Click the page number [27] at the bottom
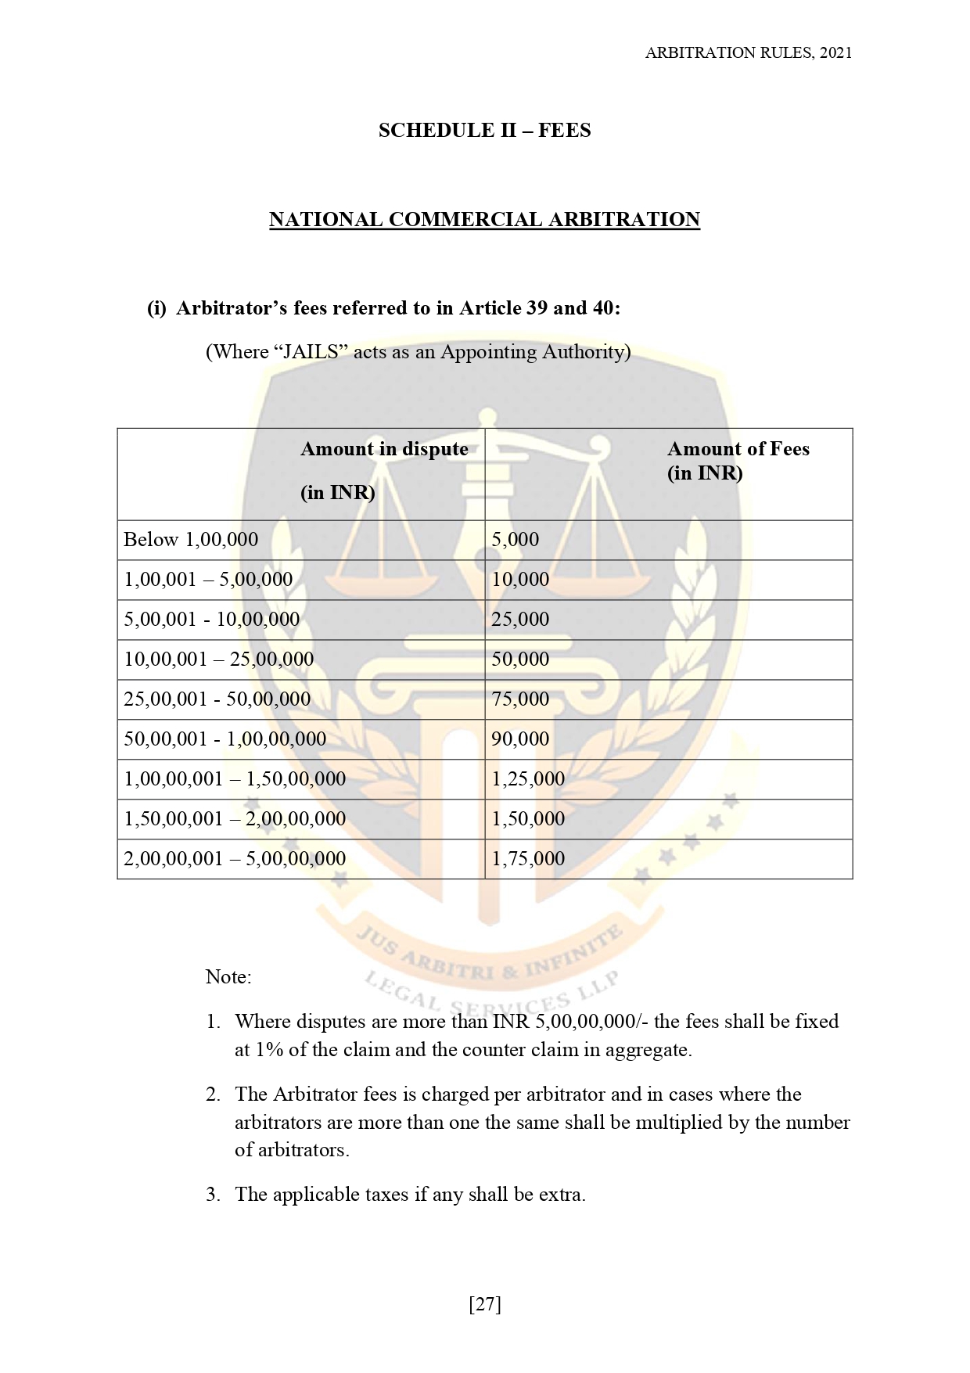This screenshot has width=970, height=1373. pyautogui.click(x=484, y=1304)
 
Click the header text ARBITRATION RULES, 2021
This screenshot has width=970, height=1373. pyautogui.click(x=748, y=52)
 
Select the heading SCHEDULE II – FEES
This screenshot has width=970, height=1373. pyautogui.click(x=484, y=130)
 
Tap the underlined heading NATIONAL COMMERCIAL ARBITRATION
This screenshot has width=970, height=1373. pyautogui.click(x=484, y=219)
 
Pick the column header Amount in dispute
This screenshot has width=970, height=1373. pyautogui.click(x=384, y=449)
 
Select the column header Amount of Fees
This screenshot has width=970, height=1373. pyautogui.click(x=738, y=449)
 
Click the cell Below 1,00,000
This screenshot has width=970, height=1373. pyautogui.click(x=191, y=540)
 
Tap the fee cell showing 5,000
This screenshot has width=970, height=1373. pyautogui.click(x=515, y=540)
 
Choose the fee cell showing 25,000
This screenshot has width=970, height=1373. pyautogui.click(x=520, y=620)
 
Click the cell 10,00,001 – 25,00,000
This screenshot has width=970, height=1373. pyautogui.click(x=218, y=660)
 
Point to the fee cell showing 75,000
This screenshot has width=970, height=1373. pyautogui.click(x=520, y=699)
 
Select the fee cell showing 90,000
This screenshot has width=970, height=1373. pyautogui.click(x=520, y=739)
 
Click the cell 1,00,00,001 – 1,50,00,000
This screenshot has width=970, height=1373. pyautogui.click(x=235, y=779)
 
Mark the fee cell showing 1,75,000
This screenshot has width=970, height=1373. pyautogui.click(x=527, y=859)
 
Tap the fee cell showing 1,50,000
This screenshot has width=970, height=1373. pyautogui.click(x=527, y=819)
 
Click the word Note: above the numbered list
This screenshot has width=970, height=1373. pyautogui.click(x=228, y=977)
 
